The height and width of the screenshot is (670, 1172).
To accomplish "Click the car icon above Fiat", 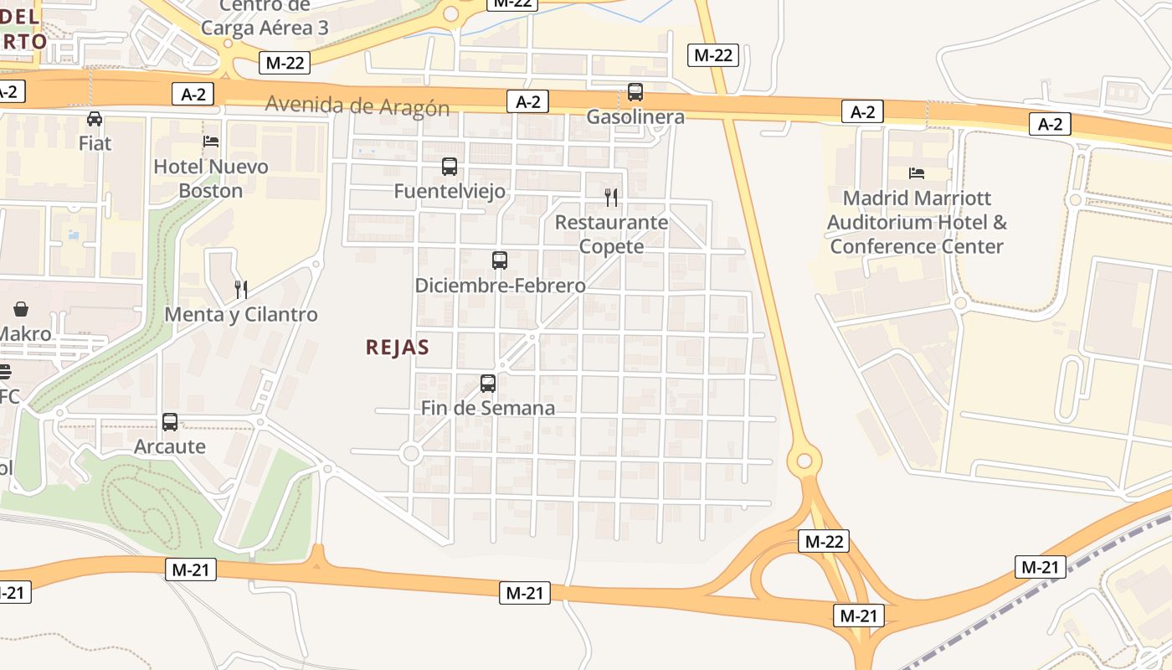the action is [x=95, y=119].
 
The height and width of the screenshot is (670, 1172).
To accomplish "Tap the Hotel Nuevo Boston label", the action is [x=211, y=178].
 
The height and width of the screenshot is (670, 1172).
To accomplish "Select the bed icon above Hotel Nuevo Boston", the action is [x=211, y=142].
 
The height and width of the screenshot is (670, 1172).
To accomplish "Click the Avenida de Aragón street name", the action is [x=357, y=106].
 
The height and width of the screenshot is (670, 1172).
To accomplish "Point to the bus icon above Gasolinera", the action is [x=635, y=92].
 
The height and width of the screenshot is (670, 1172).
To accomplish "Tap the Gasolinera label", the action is [x=635, y=117].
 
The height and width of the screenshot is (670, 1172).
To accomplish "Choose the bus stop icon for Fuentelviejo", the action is [x=450, y=167].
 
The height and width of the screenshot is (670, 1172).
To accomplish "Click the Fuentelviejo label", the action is [x=450, y=191].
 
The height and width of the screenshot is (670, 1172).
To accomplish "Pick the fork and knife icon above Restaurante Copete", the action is [x=611, y=198].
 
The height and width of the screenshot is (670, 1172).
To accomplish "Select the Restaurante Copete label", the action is [x=611, y=234].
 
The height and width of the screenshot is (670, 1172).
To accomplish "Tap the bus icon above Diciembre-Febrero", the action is [x=500, y=260].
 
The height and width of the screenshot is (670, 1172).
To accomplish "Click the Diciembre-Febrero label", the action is [x=500, y=286].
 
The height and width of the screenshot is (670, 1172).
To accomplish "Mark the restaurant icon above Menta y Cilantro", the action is [x=241, y=290].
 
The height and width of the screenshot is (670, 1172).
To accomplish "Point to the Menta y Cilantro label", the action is [x=241, y=315].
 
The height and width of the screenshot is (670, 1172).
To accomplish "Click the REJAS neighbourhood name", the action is [x=398, y=348].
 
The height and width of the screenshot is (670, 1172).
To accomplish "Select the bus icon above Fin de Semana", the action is [x=488, y=384].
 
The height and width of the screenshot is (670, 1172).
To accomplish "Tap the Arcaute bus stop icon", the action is [x=170, y=422].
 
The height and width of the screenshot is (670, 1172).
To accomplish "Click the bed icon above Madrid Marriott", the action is [x=917, y=173].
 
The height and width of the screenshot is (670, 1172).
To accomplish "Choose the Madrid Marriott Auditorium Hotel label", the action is [x=917, y=222].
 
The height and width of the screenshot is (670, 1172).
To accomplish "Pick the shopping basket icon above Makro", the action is [x=21, y=310].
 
